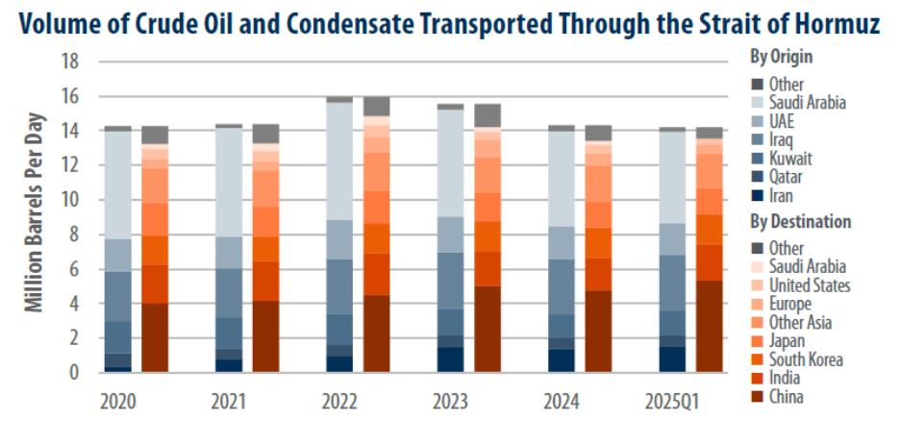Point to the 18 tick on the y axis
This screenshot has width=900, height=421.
70,62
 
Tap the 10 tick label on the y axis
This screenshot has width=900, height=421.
70,200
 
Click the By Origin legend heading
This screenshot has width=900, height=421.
783,57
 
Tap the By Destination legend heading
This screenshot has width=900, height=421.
800,221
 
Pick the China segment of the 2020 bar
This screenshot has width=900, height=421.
155,337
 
